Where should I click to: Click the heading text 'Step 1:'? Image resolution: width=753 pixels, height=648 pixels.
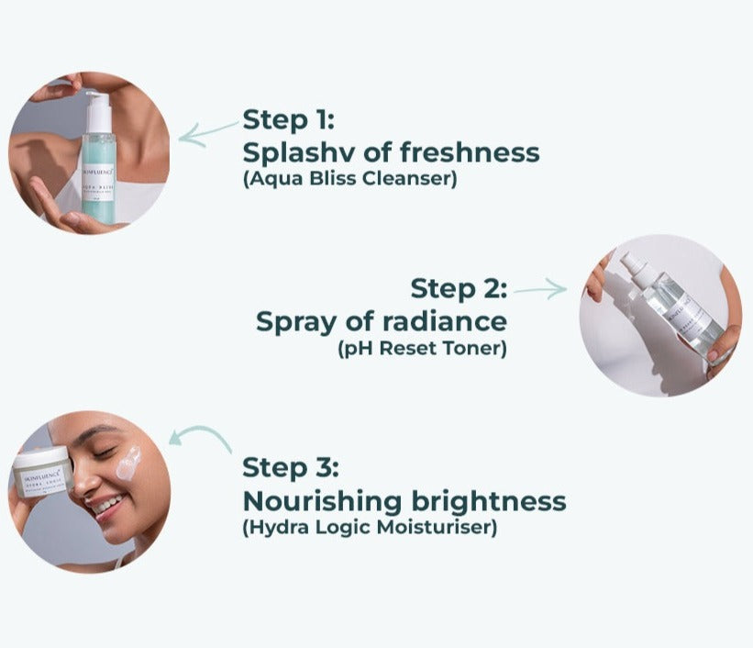click(x=289, y=119)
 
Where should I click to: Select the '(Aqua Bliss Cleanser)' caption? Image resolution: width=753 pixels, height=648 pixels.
click(x=349, y=179)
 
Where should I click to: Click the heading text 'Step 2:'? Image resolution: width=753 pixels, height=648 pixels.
click(x=458, y=288)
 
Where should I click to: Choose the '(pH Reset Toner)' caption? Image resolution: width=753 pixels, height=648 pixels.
click(x=422, y=349)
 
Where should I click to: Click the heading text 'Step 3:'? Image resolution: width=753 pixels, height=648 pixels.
click(x=291, y=467)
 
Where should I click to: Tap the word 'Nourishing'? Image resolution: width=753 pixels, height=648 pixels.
click(x=322, y=501)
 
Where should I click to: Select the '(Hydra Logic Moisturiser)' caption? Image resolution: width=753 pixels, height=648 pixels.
click(x=370, y=528)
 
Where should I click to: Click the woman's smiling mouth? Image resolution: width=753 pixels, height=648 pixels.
click(x=108, y=505)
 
